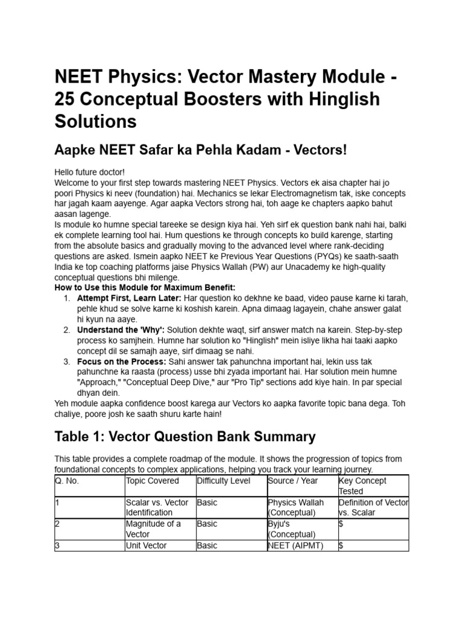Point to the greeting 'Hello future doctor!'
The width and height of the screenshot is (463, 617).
coord(89,172)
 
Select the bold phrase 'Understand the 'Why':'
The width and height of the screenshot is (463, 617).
coord(121,330)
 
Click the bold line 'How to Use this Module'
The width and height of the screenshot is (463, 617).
coord(145,288)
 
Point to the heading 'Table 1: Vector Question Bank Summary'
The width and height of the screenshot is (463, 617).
coord(184,436)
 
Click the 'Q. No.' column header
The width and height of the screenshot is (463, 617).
coord(67,481)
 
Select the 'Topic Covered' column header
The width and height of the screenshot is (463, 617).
coord(153,481)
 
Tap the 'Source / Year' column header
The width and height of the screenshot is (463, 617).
coord(294,481)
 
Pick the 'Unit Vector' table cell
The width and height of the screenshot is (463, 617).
coord(146,545)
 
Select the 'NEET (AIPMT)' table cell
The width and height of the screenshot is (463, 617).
coord(295,545)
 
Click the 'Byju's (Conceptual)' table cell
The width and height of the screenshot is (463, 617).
coord(292,528)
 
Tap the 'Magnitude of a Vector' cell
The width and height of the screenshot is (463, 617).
coord(153,528)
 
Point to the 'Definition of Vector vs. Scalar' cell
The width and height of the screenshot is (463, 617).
coord(373,507)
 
